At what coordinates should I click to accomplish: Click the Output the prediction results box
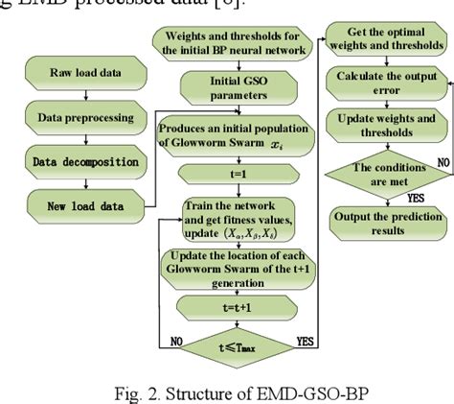click(x=388, y=225)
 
